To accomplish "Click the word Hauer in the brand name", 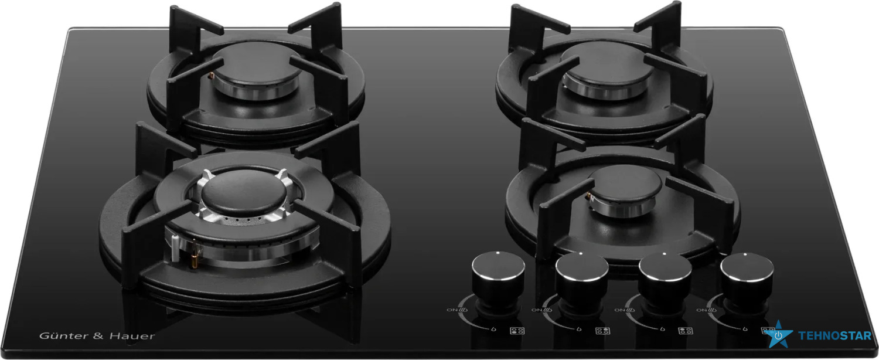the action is click(x=132, y=336).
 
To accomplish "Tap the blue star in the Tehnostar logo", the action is click(x=778, y=335).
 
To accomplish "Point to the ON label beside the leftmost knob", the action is click(x=452, y=310).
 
